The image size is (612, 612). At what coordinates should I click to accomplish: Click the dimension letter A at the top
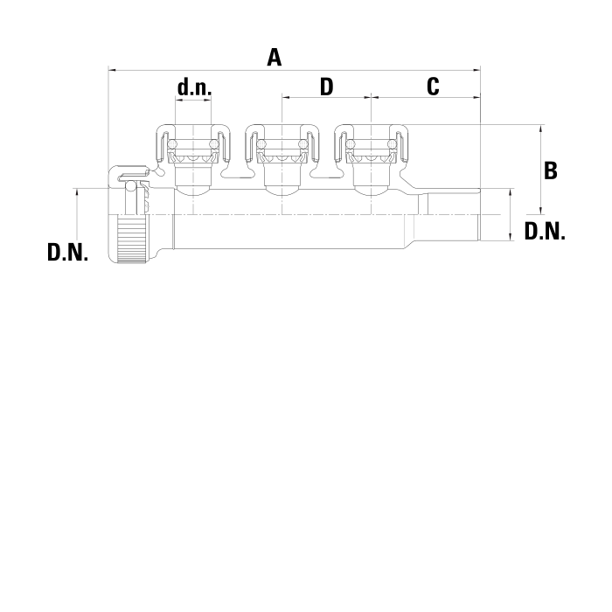[275, 58]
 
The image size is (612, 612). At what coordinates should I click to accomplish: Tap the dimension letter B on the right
[551, 170]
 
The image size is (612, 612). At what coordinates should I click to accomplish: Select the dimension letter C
[432, 87]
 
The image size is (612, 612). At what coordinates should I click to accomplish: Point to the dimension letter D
[326, 87]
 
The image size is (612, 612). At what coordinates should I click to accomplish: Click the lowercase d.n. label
[194, 87]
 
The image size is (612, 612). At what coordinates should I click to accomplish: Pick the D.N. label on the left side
[67, 254]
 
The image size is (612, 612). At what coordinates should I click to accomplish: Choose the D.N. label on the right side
[545, 232]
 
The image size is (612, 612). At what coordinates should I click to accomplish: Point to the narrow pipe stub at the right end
[450, 219]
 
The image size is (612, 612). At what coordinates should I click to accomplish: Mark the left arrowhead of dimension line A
[110, 69]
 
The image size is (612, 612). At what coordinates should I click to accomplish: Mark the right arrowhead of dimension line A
[478, 69]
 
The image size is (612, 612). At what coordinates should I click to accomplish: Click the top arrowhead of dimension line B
[542, 129]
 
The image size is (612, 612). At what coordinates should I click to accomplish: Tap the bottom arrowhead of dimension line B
[542, 212]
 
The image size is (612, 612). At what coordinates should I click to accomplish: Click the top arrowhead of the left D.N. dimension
[78, 191]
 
